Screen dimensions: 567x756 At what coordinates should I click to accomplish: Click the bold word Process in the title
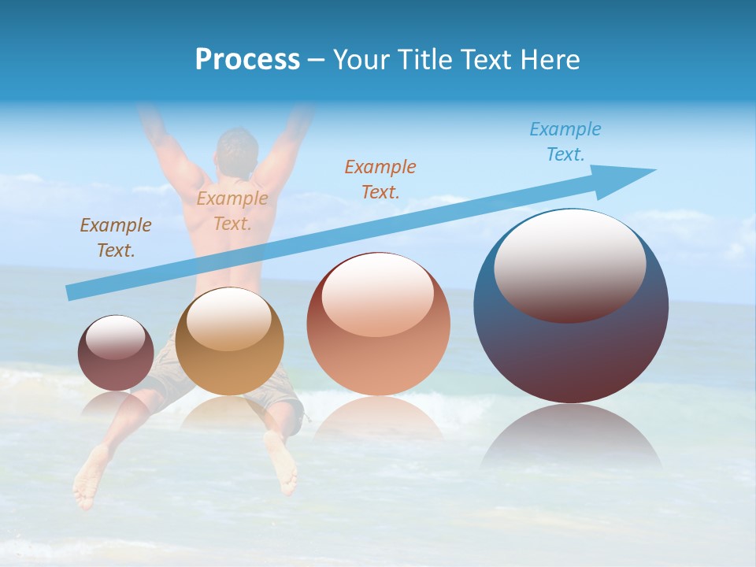click(247, 60)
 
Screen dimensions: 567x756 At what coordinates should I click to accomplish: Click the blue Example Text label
click(565, 142)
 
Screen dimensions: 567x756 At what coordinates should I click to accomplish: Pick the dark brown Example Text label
click(116, 238)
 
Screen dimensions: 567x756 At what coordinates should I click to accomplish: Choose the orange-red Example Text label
click(380, 179)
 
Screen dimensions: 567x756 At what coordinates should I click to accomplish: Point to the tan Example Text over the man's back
click(232, 211)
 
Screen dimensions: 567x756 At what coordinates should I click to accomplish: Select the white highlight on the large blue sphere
click(569, 264)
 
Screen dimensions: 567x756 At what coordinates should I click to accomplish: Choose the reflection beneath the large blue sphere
click(571, 441)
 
